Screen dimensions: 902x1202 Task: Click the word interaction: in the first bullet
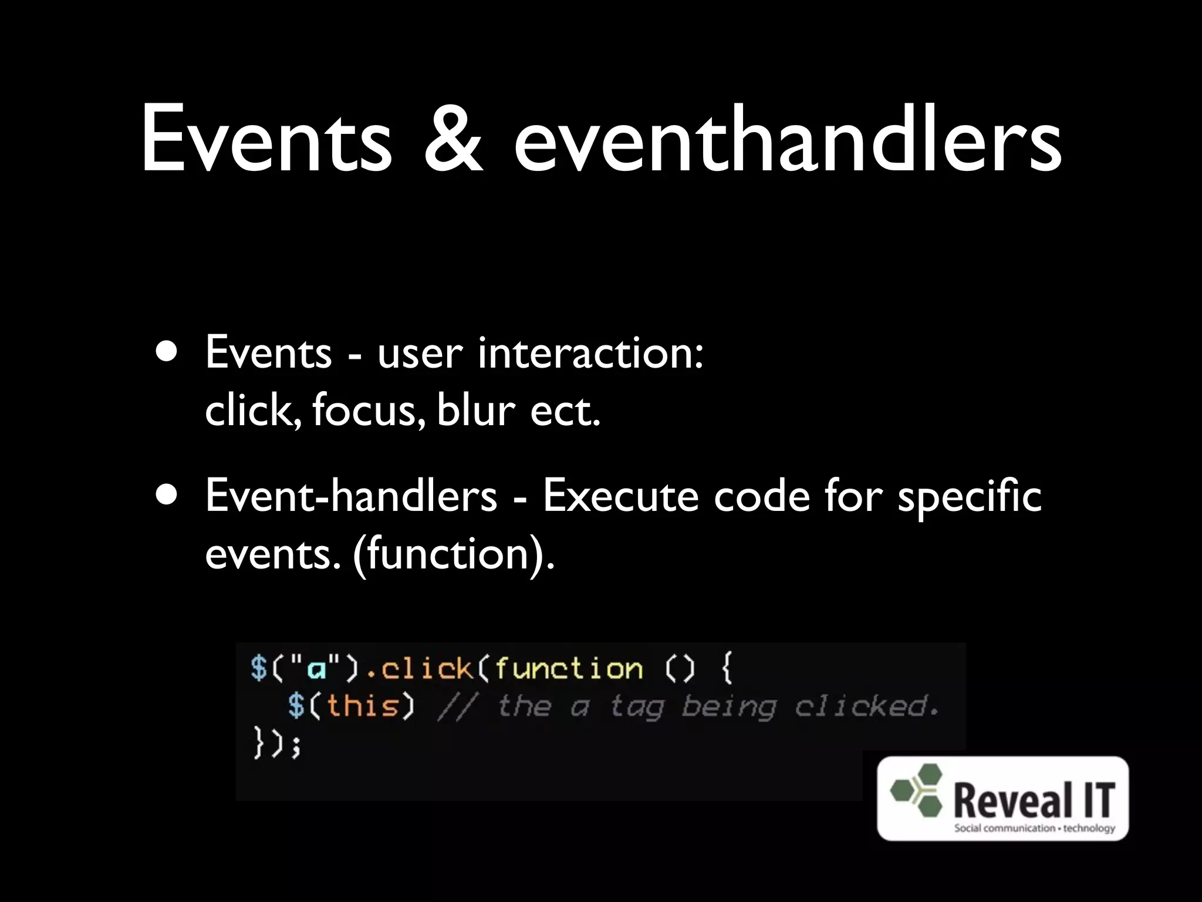tap(590, 354)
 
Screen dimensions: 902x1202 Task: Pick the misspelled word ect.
tap(565, 411)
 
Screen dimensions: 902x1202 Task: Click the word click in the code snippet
tap(427, 669)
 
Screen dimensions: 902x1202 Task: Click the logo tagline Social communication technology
tap(1034, 828)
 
